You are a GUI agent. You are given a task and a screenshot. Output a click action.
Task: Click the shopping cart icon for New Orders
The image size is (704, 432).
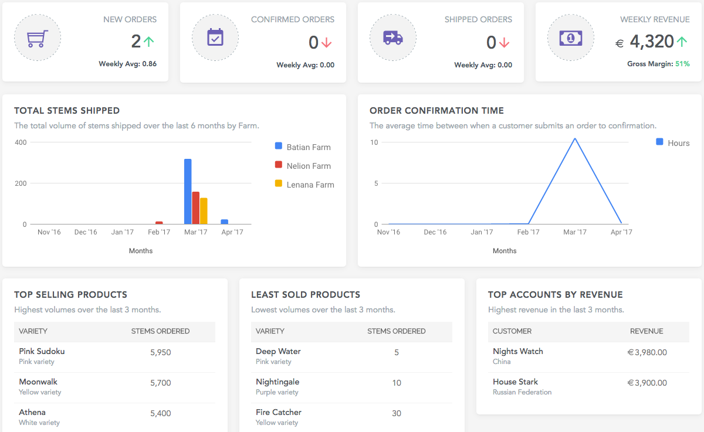pos(37,38)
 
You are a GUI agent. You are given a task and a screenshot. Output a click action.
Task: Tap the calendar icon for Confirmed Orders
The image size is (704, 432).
pos(215,38)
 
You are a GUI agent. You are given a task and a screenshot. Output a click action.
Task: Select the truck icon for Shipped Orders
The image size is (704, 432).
pos(392,38)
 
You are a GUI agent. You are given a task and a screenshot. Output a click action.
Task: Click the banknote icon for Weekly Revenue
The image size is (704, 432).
pos(571,38)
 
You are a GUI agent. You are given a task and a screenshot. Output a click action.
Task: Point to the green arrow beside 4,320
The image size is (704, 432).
pos(682,42)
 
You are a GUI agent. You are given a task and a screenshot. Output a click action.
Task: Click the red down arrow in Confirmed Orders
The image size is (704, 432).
pos(327,43)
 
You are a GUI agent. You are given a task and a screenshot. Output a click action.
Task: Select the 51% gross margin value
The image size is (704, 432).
pos(682,64)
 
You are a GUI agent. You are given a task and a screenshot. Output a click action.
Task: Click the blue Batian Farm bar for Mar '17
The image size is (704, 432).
pos(188,192)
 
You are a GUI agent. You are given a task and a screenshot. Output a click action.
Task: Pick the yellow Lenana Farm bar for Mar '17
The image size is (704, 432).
pos(204,211)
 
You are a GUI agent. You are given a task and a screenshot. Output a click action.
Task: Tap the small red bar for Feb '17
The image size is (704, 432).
pos(159,223)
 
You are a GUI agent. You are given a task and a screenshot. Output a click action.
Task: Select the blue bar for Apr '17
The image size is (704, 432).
pos(224,222)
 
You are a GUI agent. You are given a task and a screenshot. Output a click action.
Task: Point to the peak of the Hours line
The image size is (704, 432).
pos(575,139)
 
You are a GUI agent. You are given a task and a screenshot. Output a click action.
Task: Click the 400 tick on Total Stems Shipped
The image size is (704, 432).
pos(21,142)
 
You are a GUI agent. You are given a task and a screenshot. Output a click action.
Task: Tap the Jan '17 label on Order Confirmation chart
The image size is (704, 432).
pos(482,232)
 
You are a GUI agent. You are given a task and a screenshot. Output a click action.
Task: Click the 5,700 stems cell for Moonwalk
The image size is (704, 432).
pos(160,383)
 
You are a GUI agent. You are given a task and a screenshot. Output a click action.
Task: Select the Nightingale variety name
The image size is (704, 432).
pos(278,382)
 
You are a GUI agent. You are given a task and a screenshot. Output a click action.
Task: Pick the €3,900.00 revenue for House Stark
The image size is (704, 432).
pos(647,383)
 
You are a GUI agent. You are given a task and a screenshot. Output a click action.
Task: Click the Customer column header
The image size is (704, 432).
pos(512,331)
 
